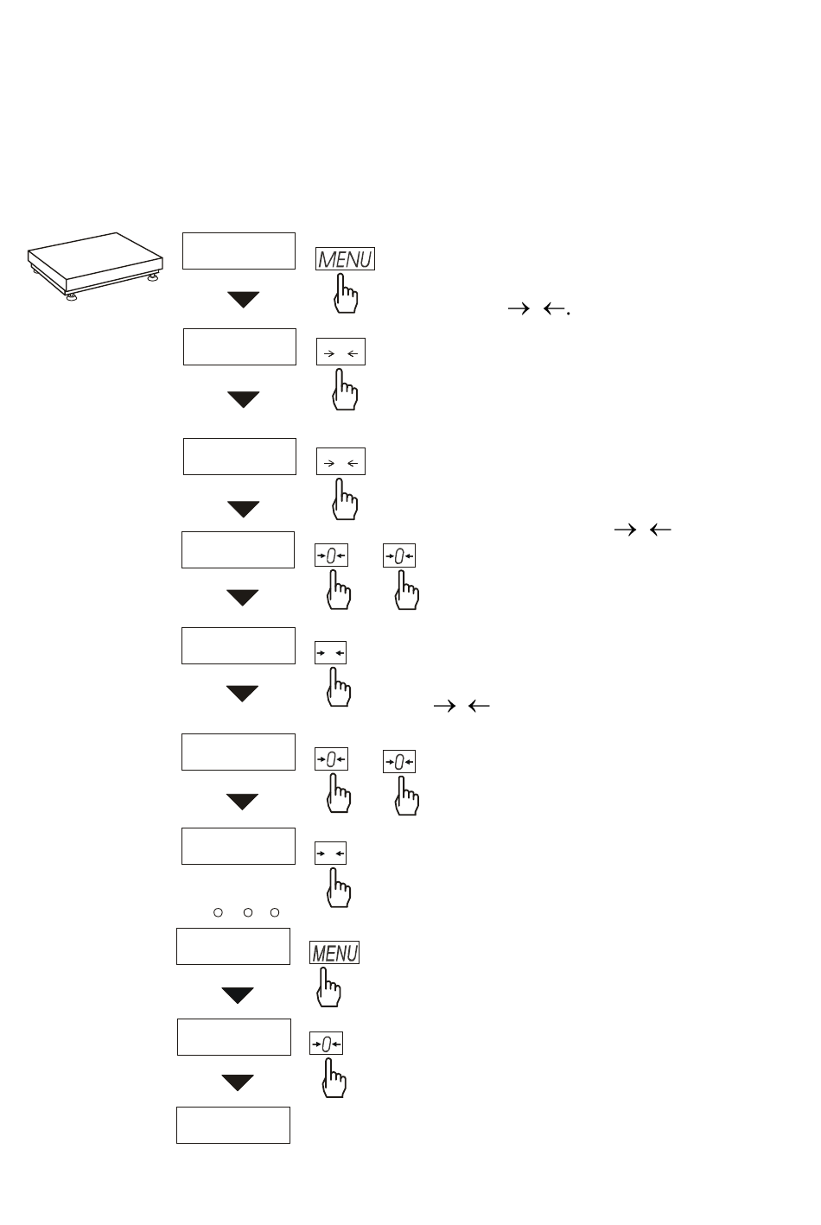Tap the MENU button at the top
pyautogui.click(x=346, y=258)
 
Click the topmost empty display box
pyautogui.click(x=239, y=251)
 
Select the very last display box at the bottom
pyautogui.click(x=233, y=1125)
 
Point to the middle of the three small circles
pyautogui.click(x=248, y=912)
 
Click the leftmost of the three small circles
pyautogui.click(x=218, y=912)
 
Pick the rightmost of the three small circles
pyautogui.click(x=275, y=912)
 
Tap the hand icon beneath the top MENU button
pyautogui.click(x=346, y=294)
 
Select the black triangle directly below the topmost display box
pyautogui.click(x=244, y=300)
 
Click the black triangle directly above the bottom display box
pyautogui.click(x=238, y=1082)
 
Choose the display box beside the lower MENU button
pyautogui.click(x=233, y=947)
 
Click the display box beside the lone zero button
pyautogui.click(x=234, y=1037)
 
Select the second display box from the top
pyautogui.click(x=239, y=346)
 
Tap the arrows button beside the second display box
pyautogui.click(x=340, y=352)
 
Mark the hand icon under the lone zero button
pyautogui.click(x=334, y=1078)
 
